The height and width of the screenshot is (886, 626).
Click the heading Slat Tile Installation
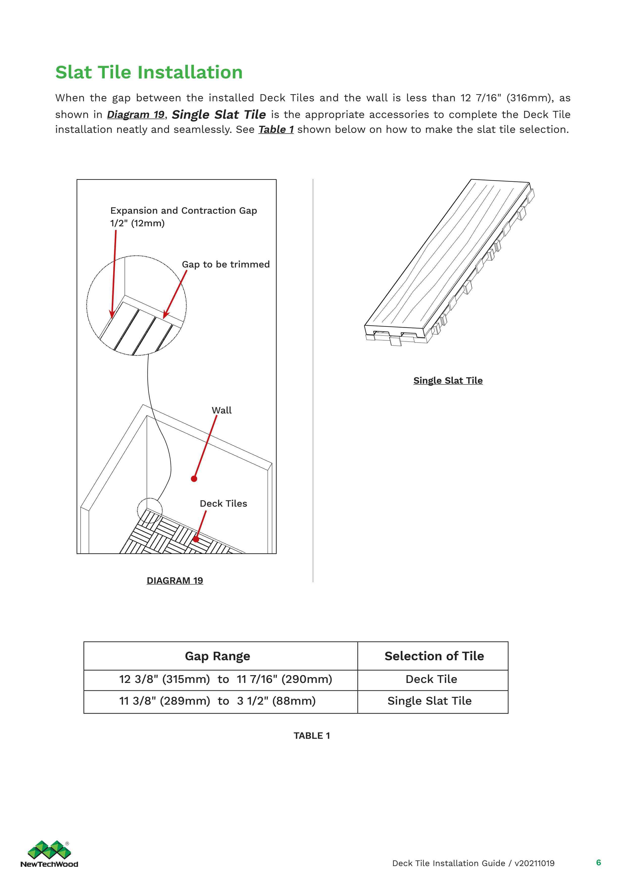(149, 72)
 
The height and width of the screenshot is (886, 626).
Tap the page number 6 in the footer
(598, 863)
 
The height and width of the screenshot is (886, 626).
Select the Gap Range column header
(218, 656)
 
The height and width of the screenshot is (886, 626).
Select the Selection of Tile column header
(434, 656)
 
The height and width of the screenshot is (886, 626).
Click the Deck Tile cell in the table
(431, 679)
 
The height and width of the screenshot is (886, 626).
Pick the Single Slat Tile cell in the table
(429, 701)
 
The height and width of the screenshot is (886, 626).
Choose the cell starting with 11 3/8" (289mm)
(217, 701)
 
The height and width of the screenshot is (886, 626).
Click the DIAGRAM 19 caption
(175, 580)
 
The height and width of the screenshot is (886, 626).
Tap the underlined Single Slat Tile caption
(448, 380)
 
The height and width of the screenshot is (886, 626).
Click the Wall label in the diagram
(222, 410)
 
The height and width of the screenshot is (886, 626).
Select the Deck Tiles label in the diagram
(223, 504)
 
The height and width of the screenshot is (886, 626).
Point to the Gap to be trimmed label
(226, 264)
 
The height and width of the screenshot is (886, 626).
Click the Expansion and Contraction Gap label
(184, 211)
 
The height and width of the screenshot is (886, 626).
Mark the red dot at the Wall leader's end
(194, 479)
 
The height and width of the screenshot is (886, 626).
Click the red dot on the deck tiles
(196, 539)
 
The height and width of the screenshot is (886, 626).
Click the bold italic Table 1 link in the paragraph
(276, 130)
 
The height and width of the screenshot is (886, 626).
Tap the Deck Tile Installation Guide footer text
(473, 863)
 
